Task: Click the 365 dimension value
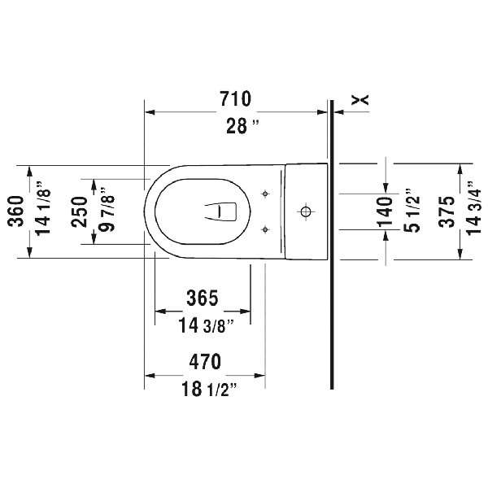pyautogui.click(x=201, y=298)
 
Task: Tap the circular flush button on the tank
pyautogui.click(x=306, y=212)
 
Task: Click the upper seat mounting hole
pyautogui.click(x=265, y=194)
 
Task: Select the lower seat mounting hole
pyautogui.click(x=265, y=229)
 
